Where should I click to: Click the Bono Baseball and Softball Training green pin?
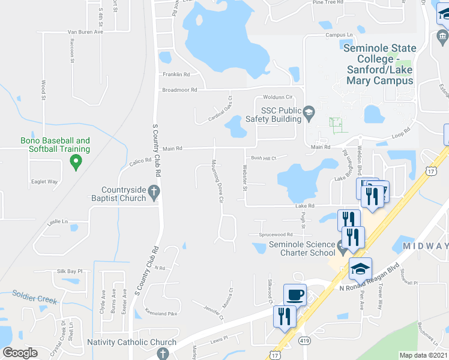[x=76, y=161]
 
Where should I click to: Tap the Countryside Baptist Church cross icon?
[x=154, y=193]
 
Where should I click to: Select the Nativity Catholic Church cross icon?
[x=162, y=353]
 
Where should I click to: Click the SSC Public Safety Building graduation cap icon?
[x=309, y=112]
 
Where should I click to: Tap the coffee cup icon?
[x=295, y=295]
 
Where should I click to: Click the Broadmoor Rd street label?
[x=179, y=90]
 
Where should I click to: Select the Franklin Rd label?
[x=176, y=74]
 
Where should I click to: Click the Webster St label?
[x=244, y=178]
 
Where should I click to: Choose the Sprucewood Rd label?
[x=276, y=235]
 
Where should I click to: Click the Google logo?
[x=20, y=353]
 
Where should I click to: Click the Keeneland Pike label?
[x=161, y=313]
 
